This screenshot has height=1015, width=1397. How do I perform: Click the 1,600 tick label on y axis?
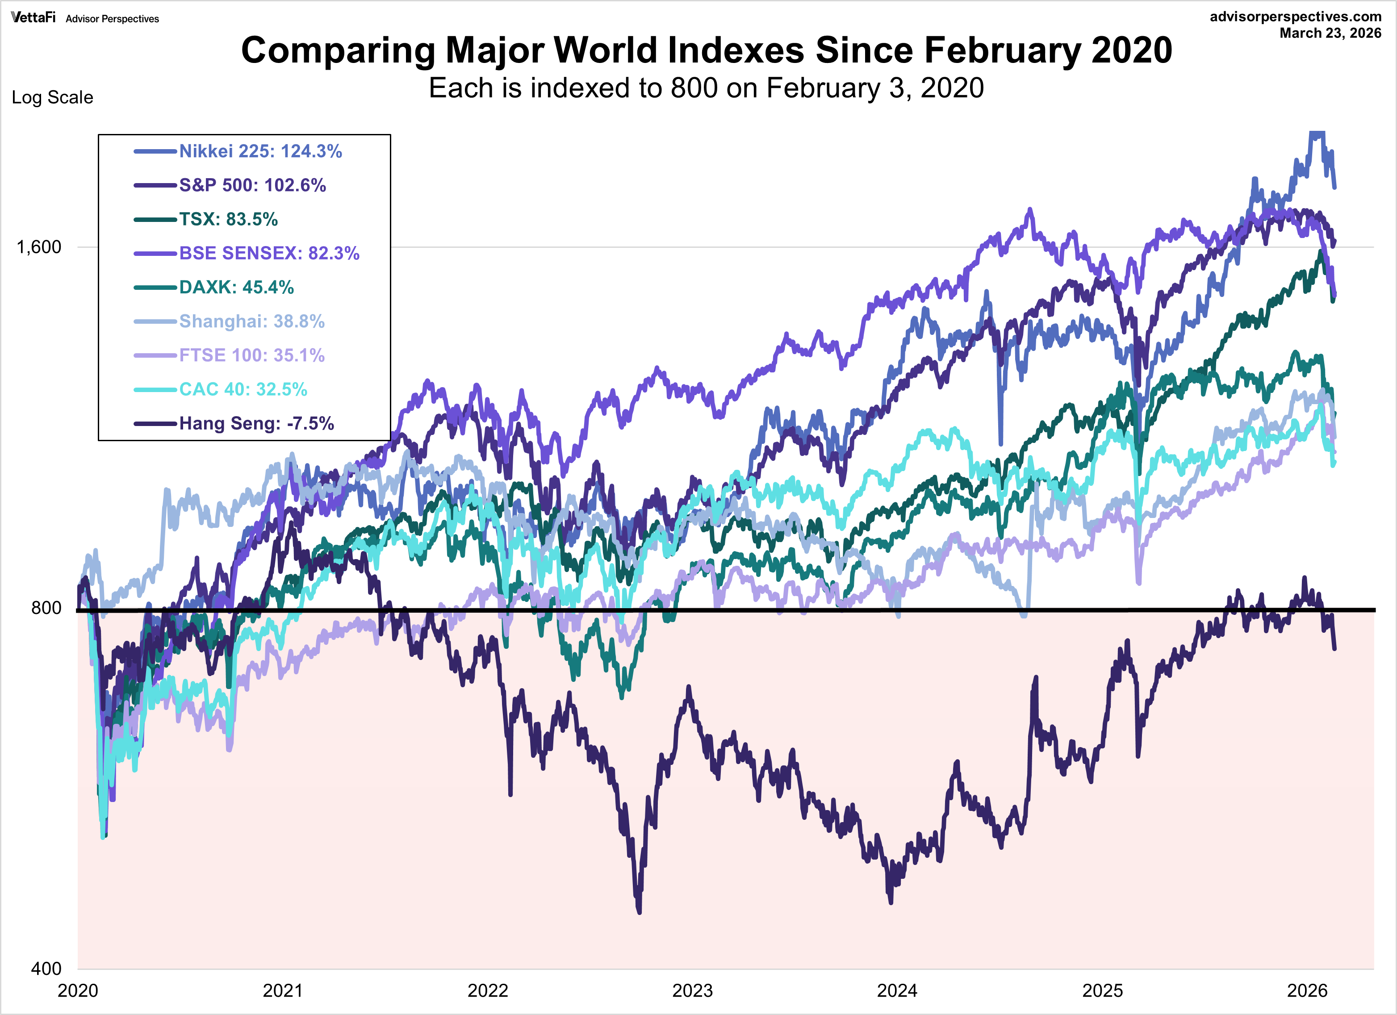pos(39,247)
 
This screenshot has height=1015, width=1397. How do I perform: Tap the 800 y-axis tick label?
pos(46,608)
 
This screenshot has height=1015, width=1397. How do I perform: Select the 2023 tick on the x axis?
pos(692,991)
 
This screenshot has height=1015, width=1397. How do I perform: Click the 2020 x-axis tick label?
pos(78,991)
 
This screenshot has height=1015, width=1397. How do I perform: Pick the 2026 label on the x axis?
pos(1307,991)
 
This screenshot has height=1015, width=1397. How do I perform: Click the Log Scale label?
pos(52,97)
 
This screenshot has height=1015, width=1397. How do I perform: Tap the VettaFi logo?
pos(33,17)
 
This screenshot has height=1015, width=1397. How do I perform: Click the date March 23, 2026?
pos(1330,33)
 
